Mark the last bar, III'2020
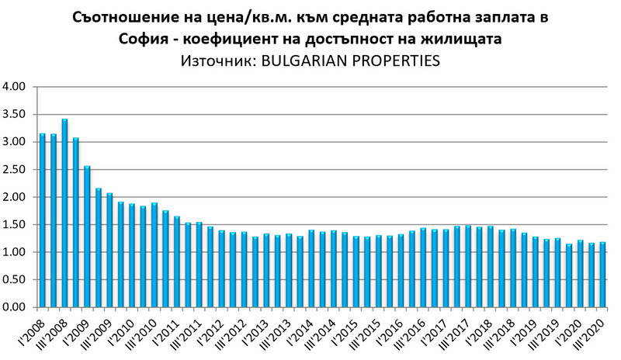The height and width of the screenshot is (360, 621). [x=602, y=275]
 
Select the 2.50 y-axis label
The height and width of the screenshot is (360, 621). [x=16, y=170]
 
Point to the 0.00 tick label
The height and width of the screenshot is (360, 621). [x=16, y=308]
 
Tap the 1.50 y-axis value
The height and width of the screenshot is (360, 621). [x=16, y=225]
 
